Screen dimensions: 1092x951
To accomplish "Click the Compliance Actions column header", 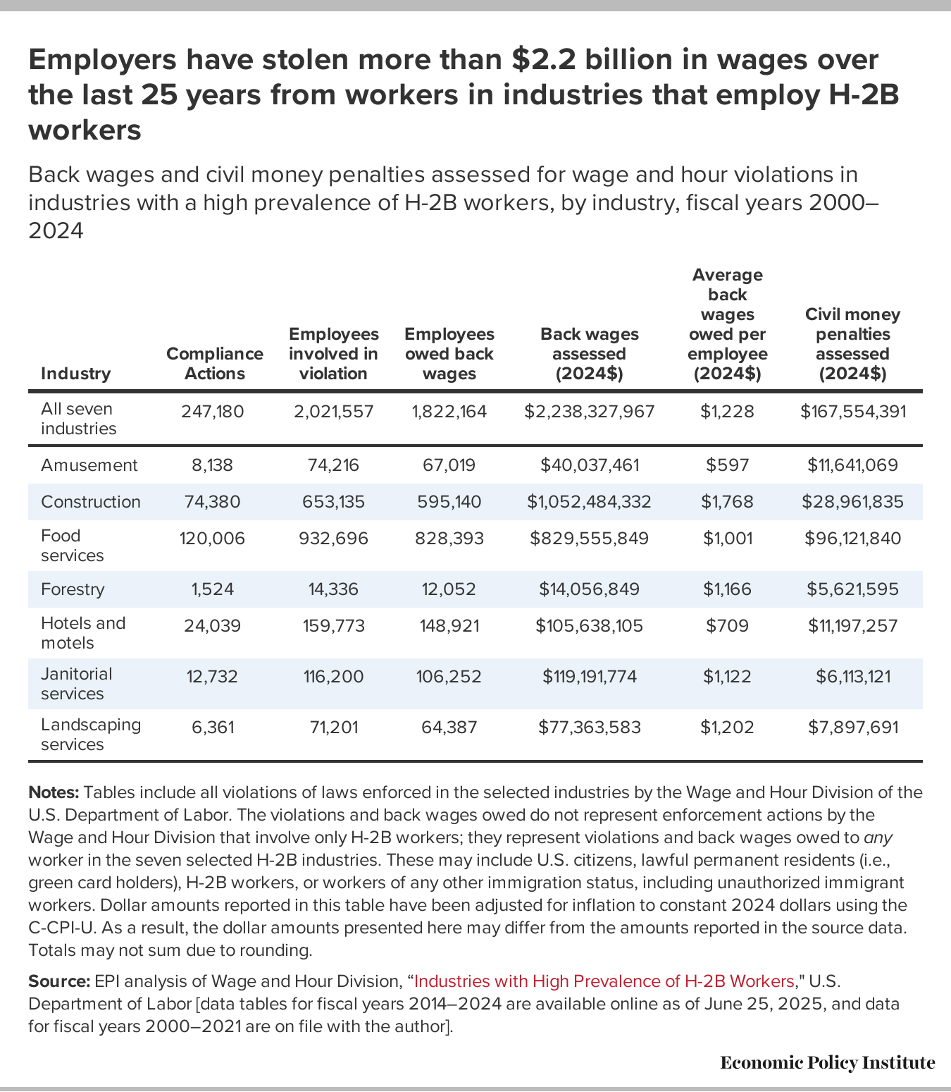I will (x=214, y=363).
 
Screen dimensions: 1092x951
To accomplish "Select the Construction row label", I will (x=91, y=502).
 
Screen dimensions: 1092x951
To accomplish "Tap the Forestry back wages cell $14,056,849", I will (x=589, y=589).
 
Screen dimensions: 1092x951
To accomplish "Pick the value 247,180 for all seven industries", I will (x=212, y=412).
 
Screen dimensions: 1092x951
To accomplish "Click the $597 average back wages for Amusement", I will (x=727, y=465).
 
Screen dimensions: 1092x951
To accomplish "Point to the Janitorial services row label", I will (x=76, y=684).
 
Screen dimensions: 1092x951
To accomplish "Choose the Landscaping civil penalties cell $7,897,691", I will (x=852, y=727).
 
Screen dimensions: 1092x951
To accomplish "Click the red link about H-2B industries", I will (x=604, y=981).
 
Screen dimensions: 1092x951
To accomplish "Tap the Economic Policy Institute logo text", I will (x=827, y=1062).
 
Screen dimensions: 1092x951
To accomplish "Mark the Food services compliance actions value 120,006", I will (x=212, y=539).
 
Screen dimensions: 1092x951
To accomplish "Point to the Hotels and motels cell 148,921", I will (x=449, y=626).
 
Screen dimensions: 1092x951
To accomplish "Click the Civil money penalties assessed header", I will (x=852, y=343).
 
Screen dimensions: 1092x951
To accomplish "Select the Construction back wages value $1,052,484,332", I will (x=589, y=502).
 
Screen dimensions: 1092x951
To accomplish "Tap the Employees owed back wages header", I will (x=449, y=353).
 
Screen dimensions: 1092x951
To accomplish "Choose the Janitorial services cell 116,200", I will (x=333, y=677).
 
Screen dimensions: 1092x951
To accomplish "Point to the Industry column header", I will (x=75, y=374).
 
